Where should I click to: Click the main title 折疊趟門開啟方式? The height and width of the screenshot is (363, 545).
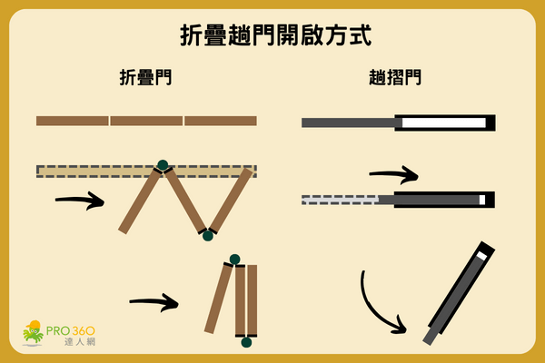[x=272, y=37]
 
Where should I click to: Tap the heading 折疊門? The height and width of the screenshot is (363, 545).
[x=146, y=78]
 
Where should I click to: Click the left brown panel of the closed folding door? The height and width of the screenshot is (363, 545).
[x=73, y=121]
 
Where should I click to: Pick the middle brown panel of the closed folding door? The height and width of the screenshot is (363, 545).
[x=146, y=121]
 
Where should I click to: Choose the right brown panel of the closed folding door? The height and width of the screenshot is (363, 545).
[x=220, y=121]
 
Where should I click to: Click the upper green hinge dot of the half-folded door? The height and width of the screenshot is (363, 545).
[x=163, y=165]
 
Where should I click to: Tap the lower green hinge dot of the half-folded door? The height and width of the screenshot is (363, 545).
[x=207, y=235]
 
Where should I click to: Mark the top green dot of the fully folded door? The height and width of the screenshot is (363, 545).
[x=234, y=260]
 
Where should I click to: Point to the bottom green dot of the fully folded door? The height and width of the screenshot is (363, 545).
[x=245, y=341]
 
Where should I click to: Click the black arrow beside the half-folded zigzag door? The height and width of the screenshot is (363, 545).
[x=80, y=201]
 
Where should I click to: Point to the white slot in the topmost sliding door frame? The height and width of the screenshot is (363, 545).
[x=443, y=123]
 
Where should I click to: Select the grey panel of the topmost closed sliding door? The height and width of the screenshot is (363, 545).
[x=349, y=123]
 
